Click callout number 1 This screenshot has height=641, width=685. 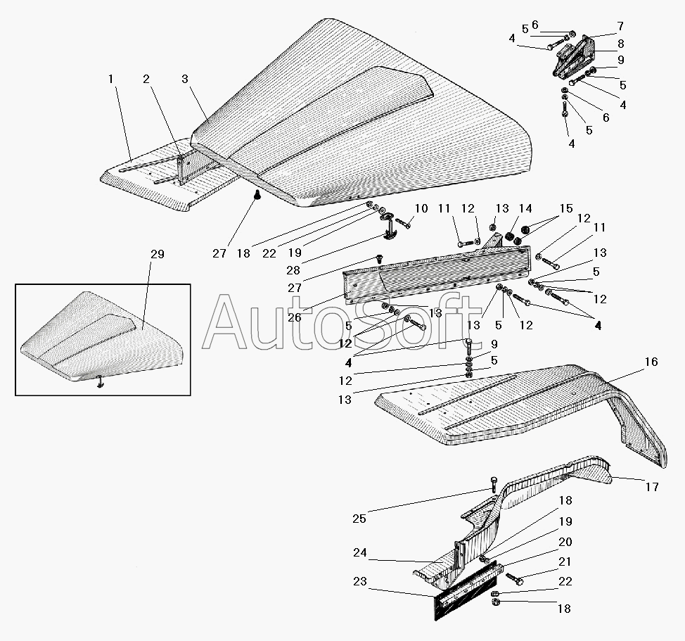pyautogui.click(x=110, y=79)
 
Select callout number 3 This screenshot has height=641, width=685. pyautogui.click(x=185, y=79)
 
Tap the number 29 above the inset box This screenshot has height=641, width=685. pyautogui.click(x=158, y=254)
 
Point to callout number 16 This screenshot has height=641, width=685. pyautogui.click(x=651, y=362)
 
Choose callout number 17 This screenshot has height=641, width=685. pyautogui.click(x=652, y=487)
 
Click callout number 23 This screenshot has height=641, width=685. pyautogui.click(x=360, y=582)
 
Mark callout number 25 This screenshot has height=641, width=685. pyautogui.click(x=359, y=519)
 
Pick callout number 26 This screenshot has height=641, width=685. pyautogui.click(x=295, y=317)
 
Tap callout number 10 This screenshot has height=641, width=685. pyautogui.click(x=421, y=208)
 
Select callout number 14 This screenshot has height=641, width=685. pyautogui.click(x=525, y=208)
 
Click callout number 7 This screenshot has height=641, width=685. pyautogui.click(x=620, y=26)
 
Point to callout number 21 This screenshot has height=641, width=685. pyautogui.click(x=565, y=561)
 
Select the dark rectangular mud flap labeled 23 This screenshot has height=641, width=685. pyautogui.click(x=466, y=591)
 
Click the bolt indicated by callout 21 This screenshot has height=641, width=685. pyautogui.click(x=515, y=579)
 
